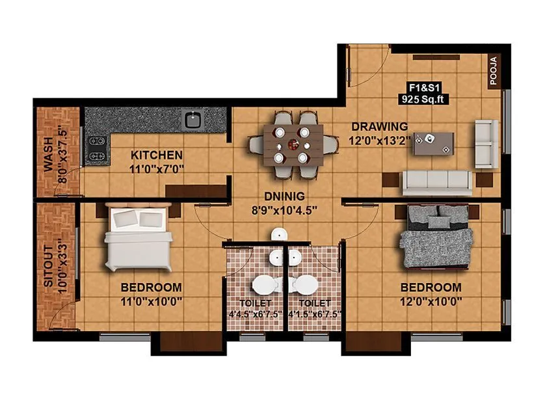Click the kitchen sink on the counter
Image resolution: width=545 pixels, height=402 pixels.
pos(193,119)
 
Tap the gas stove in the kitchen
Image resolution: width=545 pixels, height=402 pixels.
pos(98,148)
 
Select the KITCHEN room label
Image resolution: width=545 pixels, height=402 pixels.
pos(157,155)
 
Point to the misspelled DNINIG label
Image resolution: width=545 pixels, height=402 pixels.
pos(285,195)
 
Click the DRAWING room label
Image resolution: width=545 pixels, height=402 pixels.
pos(380,126)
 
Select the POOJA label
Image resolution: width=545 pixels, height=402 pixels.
pos(493,71)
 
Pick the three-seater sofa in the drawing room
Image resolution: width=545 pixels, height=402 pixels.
pos(437,182)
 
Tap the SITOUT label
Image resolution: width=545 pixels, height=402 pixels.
pos(48,266)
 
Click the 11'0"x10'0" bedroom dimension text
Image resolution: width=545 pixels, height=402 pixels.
pos(151,301)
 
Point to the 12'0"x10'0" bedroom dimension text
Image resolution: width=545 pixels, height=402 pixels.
pos(431,301)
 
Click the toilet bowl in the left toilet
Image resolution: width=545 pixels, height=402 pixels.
pos(265,285)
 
